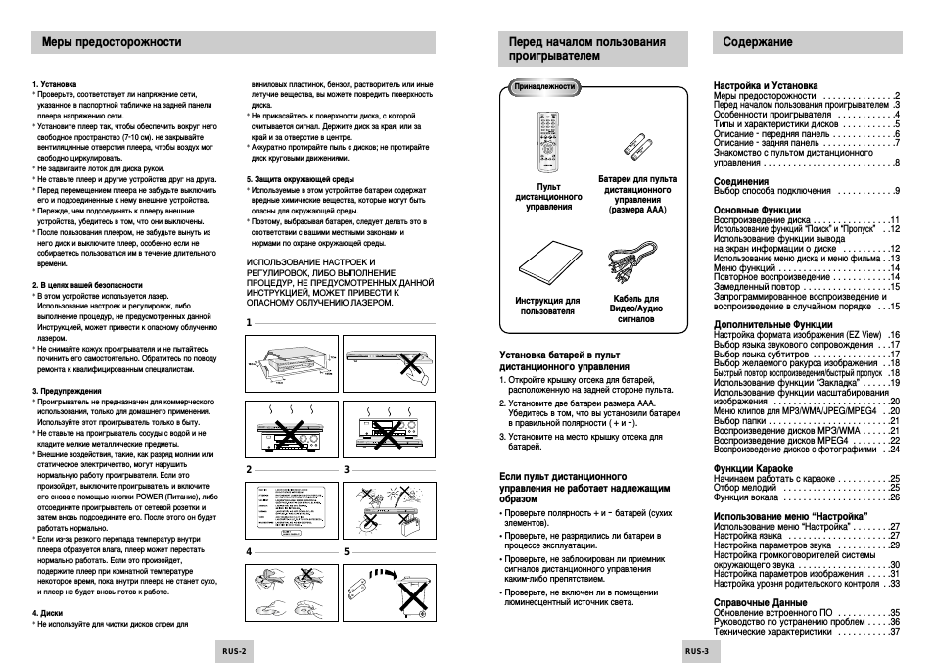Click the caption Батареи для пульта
coord(636,180)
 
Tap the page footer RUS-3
coord(696,650)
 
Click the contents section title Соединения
coord(741,181)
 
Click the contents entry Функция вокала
coord(753,497)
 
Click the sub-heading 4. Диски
coord(48,614)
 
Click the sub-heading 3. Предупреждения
coord(66,391)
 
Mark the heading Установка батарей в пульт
coord(559,355)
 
